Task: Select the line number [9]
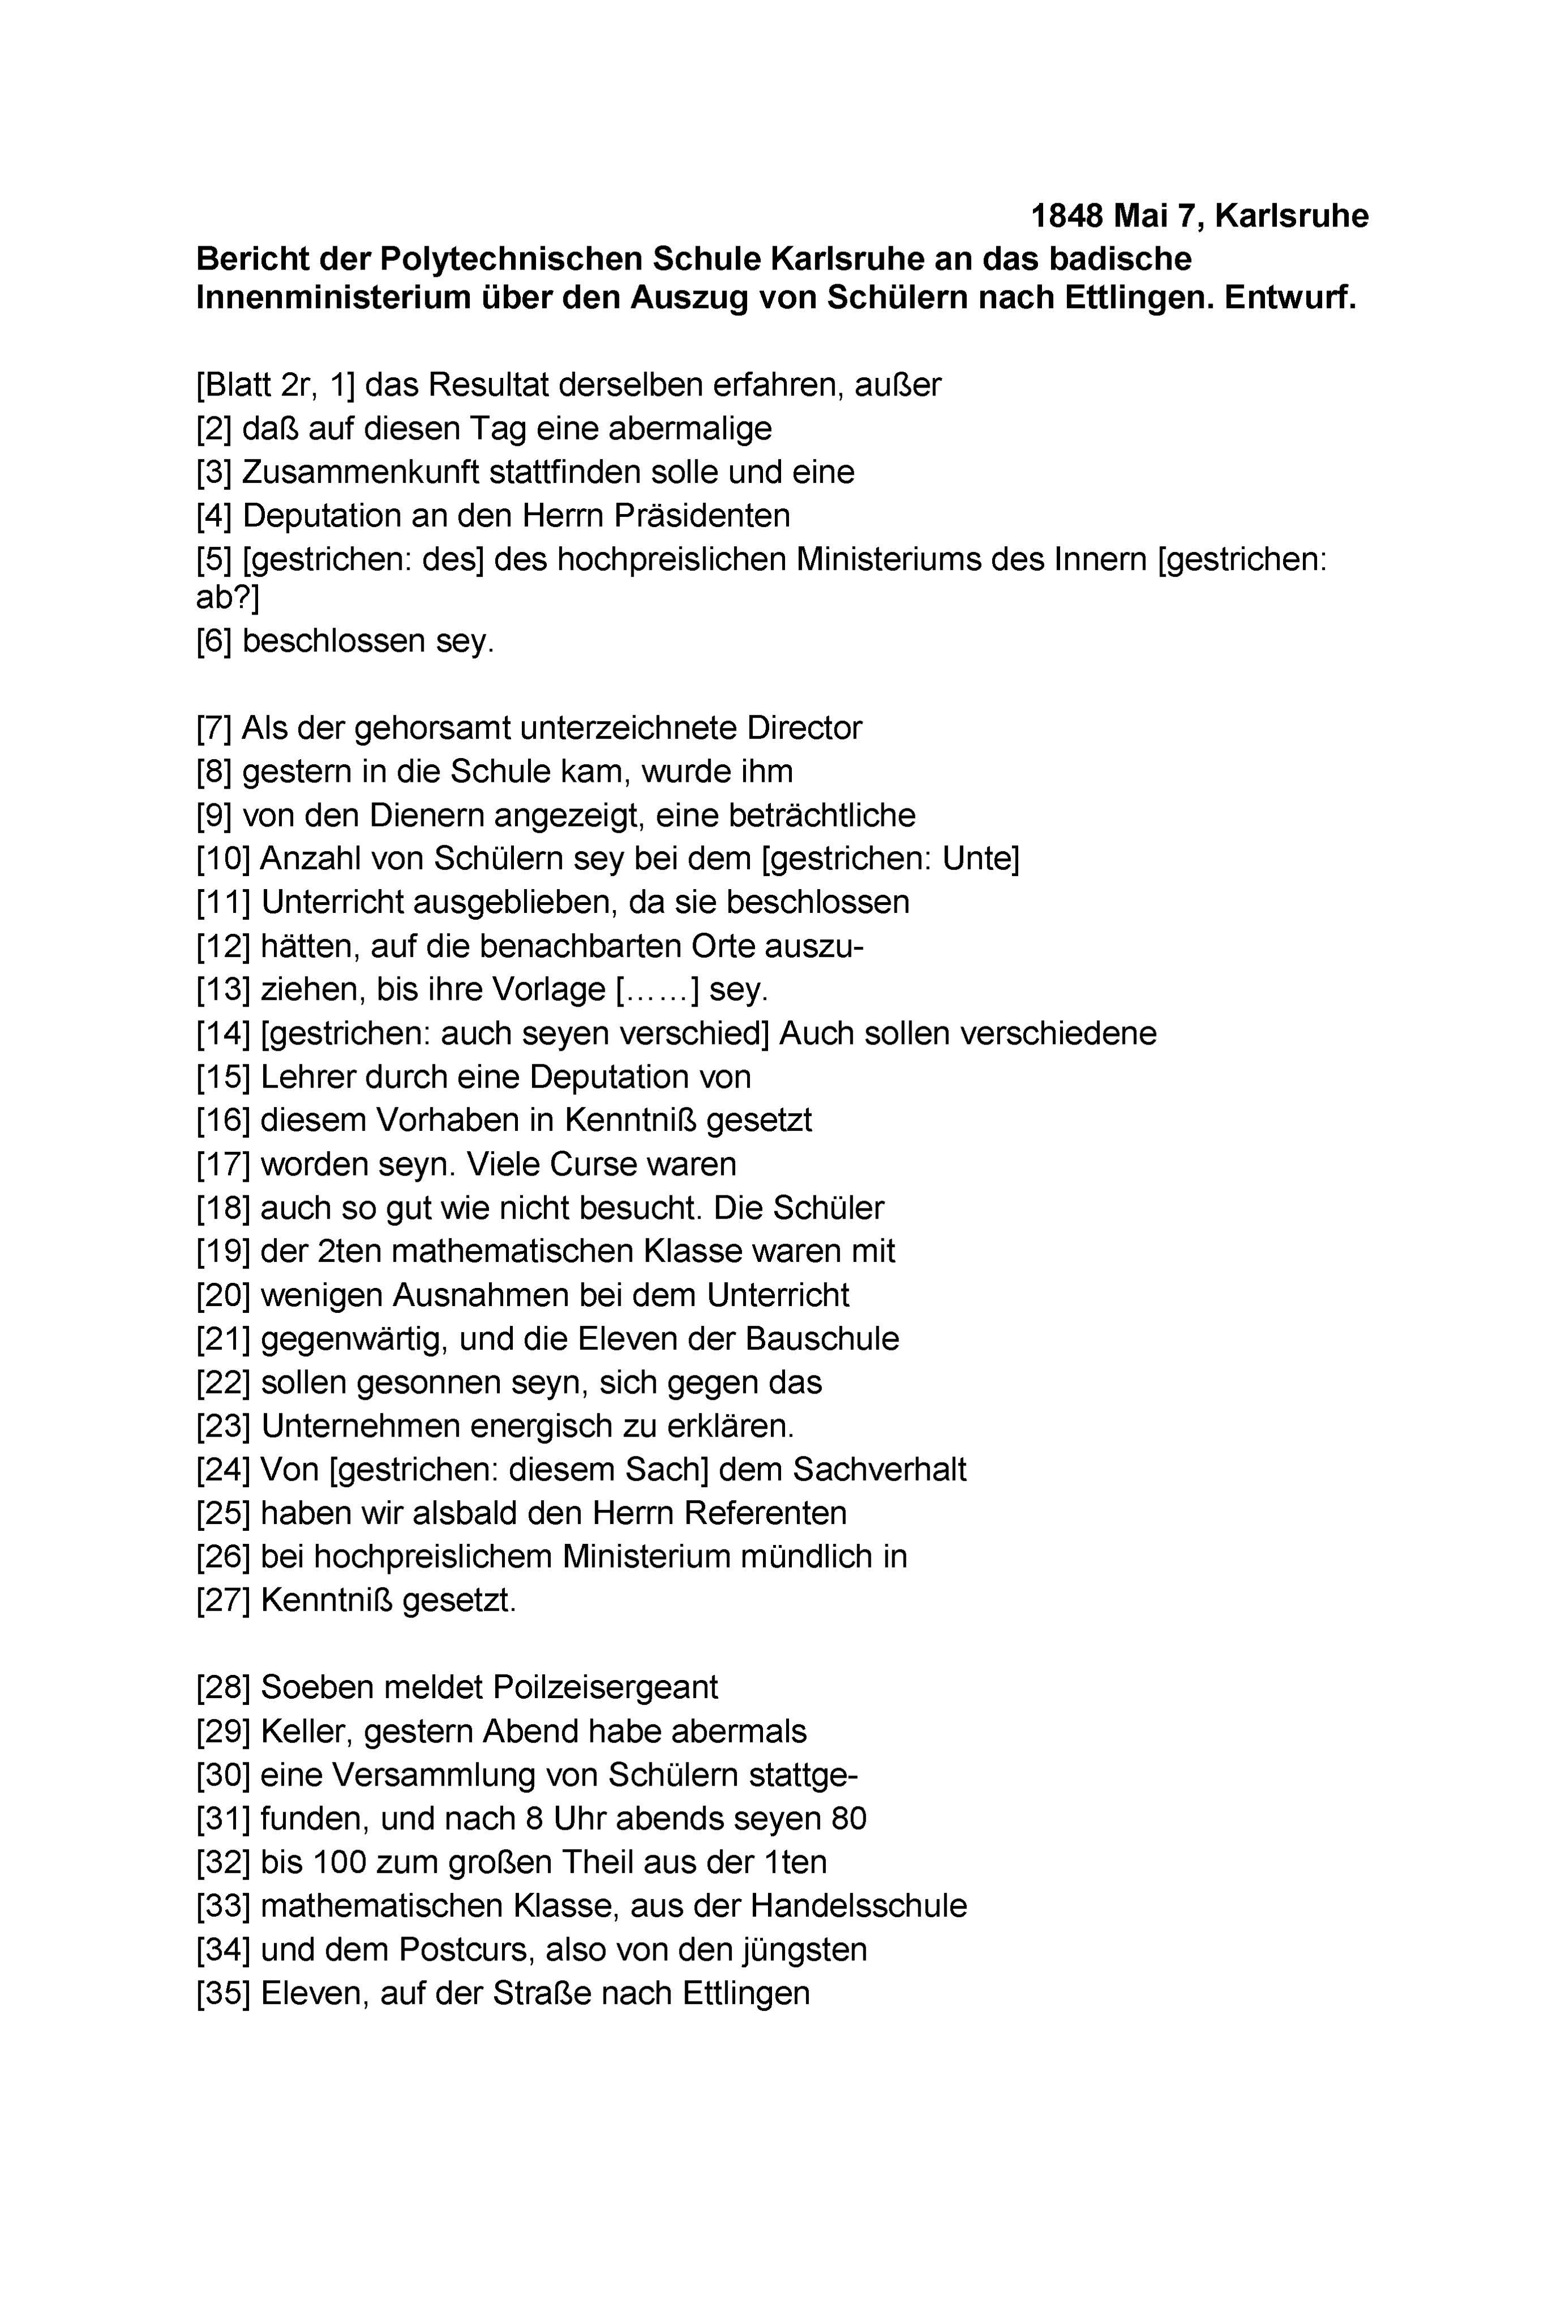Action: pos(214,815)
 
